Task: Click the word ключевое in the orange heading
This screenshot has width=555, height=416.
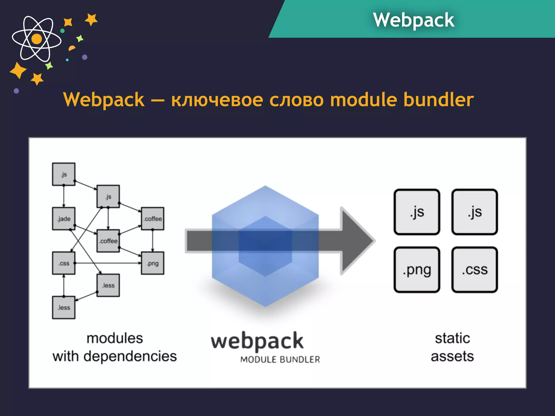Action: click(x=217, y=100)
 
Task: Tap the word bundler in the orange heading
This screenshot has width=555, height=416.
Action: click(x=438, y=99)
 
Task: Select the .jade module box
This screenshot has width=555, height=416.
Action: click(x=64, y=219)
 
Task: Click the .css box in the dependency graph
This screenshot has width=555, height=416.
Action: click(x=64, y=263)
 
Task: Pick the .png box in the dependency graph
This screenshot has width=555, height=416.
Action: click(x=153, y=263)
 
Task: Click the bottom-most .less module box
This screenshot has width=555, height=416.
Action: click(x=64, y=307)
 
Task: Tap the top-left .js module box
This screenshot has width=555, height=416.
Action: click(x=64, y=174)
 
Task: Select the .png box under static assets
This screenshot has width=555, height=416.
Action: click(x=417, y=270)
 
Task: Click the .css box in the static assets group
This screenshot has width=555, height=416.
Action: click(x=475, y=270)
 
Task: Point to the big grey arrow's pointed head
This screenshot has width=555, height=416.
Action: click(x=358, y=241)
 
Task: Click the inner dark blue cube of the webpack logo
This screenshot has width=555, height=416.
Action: click(x=265, y=246)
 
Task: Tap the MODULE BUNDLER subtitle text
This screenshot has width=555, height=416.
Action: click(x=280, y=359)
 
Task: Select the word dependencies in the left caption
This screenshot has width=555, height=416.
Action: click(x=130, y=356)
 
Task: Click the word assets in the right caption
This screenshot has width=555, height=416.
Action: click(x=452, y=356)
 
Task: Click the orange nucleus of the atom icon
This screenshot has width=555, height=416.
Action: click(x=37, y=39)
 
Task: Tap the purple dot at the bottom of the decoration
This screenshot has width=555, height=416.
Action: click(x=16, y=91)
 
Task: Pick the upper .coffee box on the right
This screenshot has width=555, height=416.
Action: click(x=153, y=219)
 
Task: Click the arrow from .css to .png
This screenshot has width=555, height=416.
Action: click(x=108, y=263)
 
